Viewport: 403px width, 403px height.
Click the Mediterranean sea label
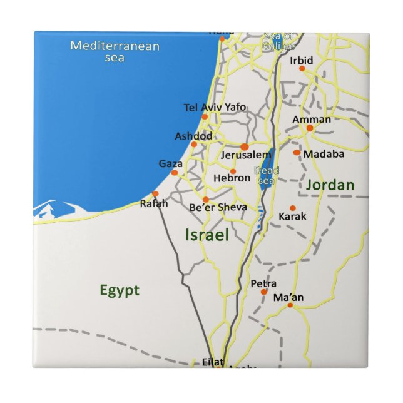click(115, 51)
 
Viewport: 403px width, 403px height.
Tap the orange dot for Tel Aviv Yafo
click(205, 117)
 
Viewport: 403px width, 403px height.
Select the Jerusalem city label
click(246, 155)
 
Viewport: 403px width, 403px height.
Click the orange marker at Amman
click(310, 128)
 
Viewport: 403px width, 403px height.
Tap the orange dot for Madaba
click(297, 152)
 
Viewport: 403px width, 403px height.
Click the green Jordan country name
click(330, 185)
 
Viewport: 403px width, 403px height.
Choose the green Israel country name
click(207, 235)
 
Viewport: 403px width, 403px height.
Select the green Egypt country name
click(120, 290)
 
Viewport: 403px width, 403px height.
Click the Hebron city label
click(232, 178)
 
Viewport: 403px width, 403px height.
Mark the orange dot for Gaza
click(175, 173)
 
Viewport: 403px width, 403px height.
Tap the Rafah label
click(153, 203)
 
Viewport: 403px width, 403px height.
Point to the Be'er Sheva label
click(218, 207)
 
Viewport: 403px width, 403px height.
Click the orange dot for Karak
click(292, 208)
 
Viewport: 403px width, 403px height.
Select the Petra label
click(263, 283)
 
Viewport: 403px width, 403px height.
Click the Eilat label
click(213, 361)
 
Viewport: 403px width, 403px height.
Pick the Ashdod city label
click(193, 136)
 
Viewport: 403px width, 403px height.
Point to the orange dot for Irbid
click(302, 69)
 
